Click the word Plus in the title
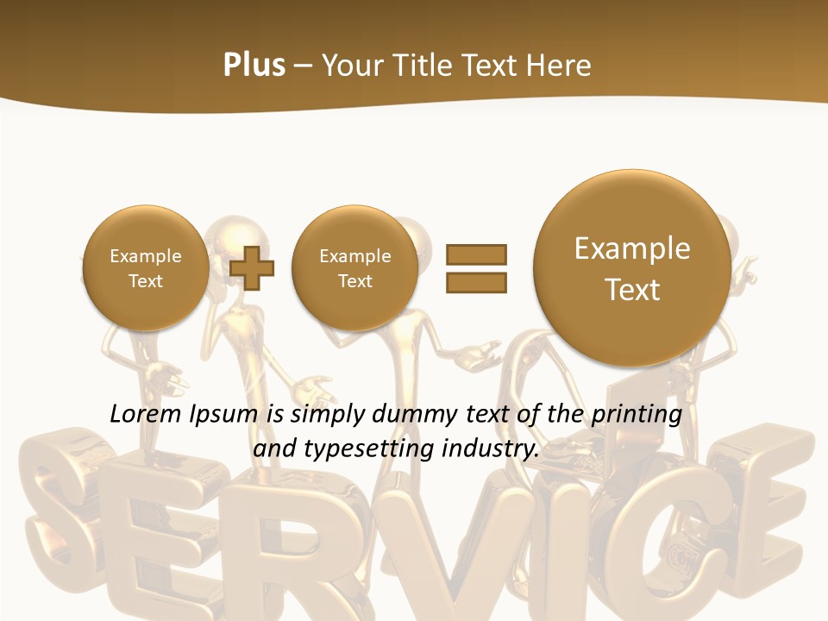click(254, 66)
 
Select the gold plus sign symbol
click(252, 268)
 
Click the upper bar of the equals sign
click(476, 254)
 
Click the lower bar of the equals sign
click(476, 282)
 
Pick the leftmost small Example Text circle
click(146, 268)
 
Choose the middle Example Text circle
click(354, 268)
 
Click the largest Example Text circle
click(632, 268)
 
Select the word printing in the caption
click(636, 415)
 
